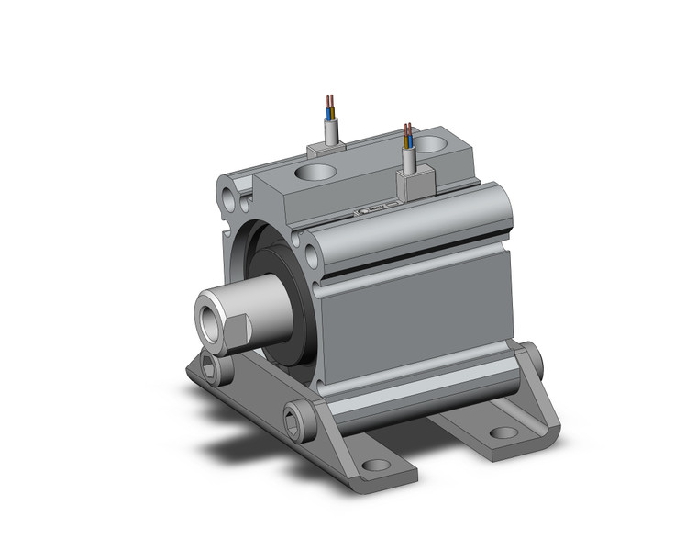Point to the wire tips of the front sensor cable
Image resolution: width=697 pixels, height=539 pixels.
coord(408,129)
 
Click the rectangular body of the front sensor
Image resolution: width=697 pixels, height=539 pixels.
coord(411,185)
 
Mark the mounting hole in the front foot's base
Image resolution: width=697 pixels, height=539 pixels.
coord(373,466)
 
